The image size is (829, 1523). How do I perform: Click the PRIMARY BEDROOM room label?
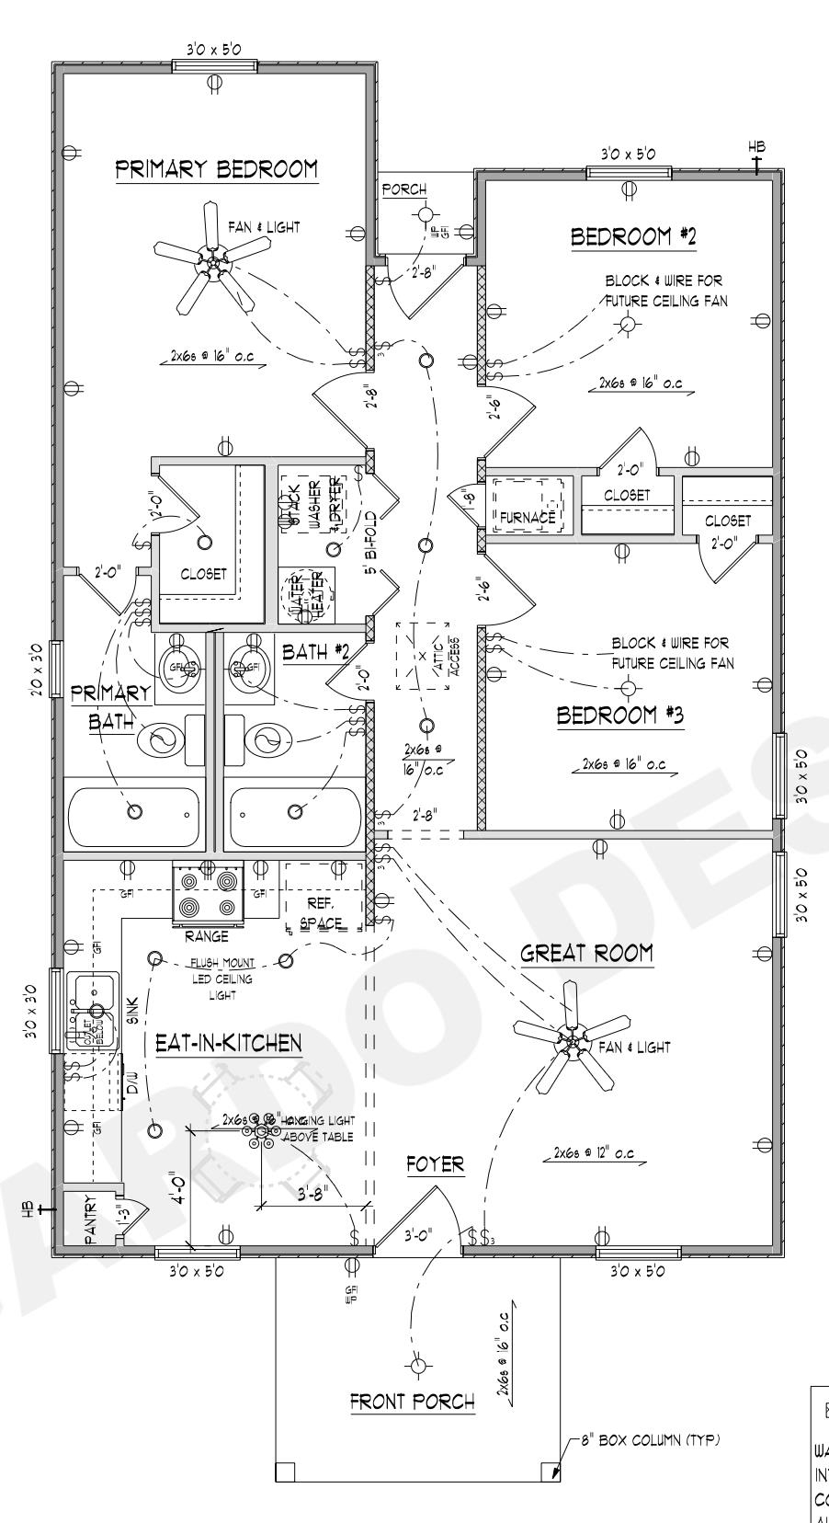click(x=217, y=170)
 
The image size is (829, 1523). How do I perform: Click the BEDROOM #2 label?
click(x=633, y=237)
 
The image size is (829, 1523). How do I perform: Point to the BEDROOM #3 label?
click(x=620, y=716)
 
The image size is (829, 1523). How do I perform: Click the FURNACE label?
click(x=528, y=518)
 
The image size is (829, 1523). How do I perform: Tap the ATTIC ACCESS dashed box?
click(x=428, y=655)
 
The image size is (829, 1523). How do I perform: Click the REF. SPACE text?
click(x=322, y=912)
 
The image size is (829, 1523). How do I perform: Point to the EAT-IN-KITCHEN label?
click(x=227, y=1043)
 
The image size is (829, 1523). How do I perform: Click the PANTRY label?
click(x=89, y=1220)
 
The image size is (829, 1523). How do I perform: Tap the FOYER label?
click(x=435, y=1164)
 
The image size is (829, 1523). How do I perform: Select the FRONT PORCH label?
click(x=413, y=1402)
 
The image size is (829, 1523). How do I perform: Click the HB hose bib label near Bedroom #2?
click(x=756, y=147)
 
